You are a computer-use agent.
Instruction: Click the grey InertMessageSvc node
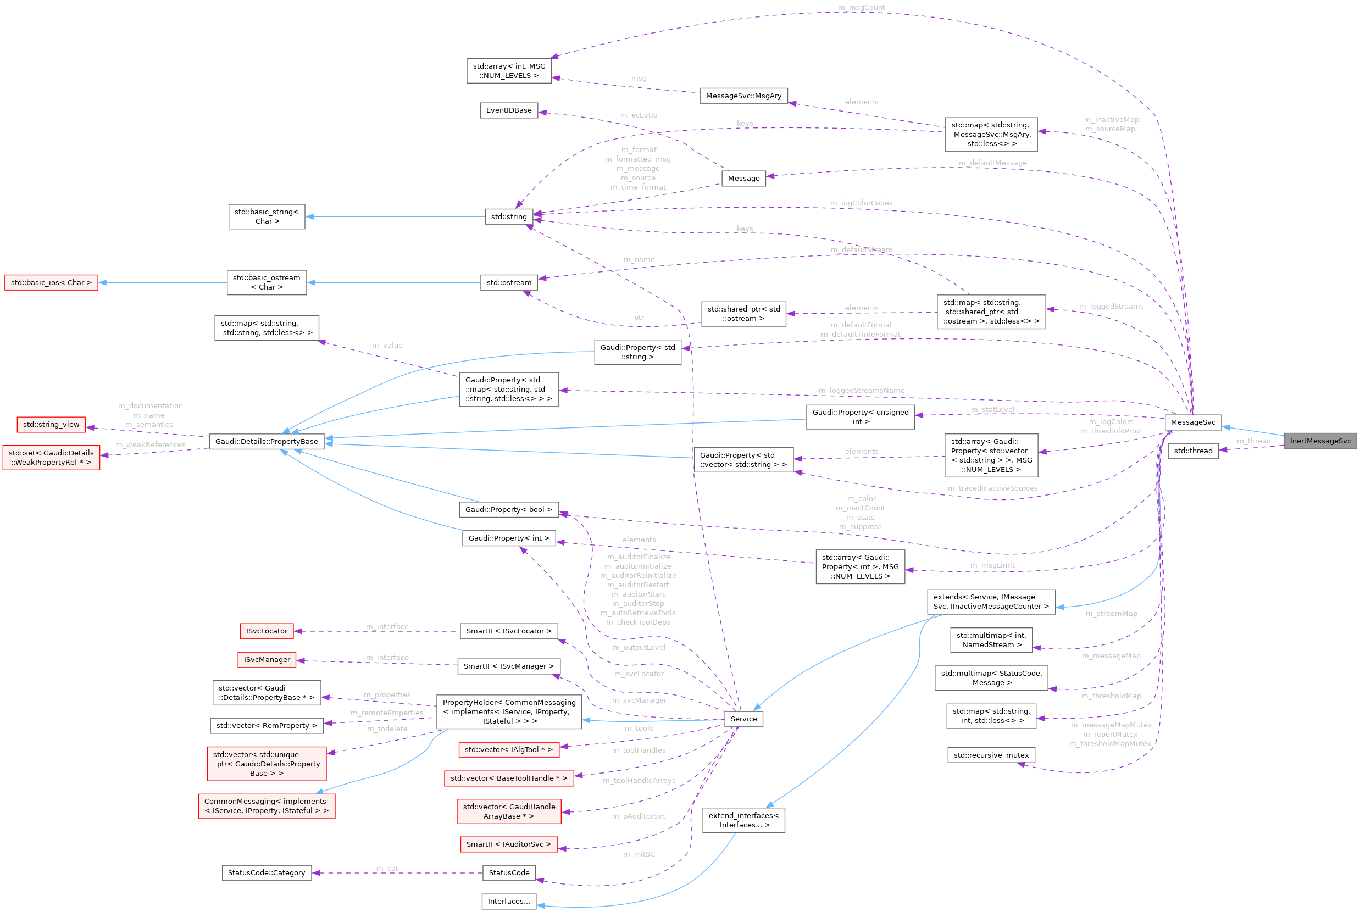1320,441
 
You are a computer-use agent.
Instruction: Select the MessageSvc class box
1192,422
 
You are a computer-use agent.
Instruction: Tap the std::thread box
1192,451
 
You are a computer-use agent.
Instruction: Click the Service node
743,719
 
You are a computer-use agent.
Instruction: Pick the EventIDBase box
508,110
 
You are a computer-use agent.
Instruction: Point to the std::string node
508,217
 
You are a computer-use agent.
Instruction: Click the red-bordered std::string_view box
51,425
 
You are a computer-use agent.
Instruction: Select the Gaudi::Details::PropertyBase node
267,442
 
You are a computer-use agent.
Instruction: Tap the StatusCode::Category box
267,872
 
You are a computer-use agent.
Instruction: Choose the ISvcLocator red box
267,631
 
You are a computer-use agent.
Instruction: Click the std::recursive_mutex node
991,755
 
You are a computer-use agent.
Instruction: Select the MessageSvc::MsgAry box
743,96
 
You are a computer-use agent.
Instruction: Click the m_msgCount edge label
861,8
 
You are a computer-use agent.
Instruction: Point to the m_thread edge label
1253,441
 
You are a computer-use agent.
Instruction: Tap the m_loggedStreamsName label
862,390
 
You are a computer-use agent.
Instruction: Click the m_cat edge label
387,869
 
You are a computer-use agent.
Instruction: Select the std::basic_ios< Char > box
51,283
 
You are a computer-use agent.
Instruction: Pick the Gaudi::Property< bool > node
508,509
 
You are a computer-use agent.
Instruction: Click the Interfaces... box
508,902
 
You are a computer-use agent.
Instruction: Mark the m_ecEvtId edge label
639,115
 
